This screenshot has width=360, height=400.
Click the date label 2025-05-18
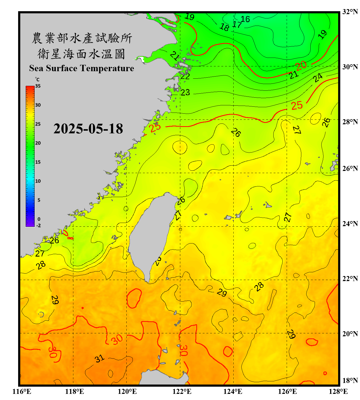click(x=88, y=129)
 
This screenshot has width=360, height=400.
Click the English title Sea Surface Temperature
click(x=82, y=68)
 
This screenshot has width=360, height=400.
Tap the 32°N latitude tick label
click(x=350, y=12)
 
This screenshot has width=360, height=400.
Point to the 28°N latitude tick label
click(x=350, y=122)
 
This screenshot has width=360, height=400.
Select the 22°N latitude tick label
click(x=350, y=279)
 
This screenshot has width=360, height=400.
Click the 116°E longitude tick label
click(x=22, y=391)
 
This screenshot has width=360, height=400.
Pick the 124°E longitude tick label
click(x=233, y=391)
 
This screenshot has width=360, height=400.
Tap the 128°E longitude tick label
click(x=338, y=391)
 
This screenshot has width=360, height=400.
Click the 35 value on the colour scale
click(x=38, y=86)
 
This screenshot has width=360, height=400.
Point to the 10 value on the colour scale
click(x=38, y=181)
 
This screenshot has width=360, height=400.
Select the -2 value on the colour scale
click(x=38, y=225)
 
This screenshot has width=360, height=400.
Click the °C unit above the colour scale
click(x=37, y=79)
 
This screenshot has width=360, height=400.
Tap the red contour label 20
click(x=301, y=65)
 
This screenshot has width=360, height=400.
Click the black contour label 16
click(x=245, y=19)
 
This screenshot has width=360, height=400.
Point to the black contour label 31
click(x=99, y=359)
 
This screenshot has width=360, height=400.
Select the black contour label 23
click(x=185, y=92)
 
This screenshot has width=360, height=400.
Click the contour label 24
click(x=318, y=78)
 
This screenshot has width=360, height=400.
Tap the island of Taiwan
click(x=151, y=235)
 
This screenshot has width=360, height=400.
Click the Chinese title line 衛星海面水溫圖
click(x=81, y=54)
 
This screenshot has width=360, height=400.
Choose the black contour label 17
click(x=237, y=25)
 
